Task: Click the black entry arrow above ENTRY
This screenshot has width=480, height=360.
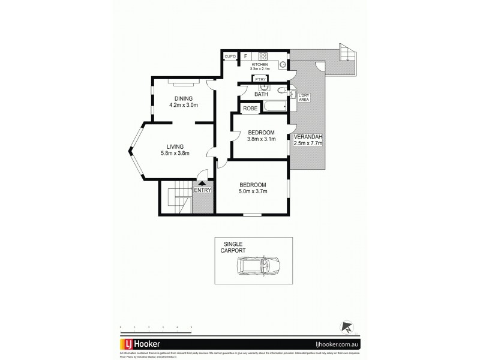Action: tap(202, 184)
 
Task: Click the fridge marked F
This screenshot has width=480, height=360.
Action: tap(245, 56)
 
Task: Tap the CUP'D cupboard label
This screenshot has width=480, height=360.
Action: tap(230, 56)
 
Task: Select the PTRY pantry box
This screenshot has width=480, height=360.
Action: tap(260, 79)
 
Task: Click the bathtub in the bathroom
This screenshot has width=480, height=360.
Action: tap(273, 107)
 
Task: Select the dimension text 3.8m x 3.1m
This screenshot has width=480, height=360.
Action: tap(261, 139)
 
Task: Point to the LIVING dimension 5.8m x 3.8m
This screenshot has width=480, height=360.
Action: tap(175, 153)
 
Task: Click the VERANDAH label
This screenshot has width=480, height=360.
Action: tap(308, 137)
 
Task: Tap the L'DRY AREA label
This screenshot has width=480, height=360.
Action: tap(303, 98)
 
